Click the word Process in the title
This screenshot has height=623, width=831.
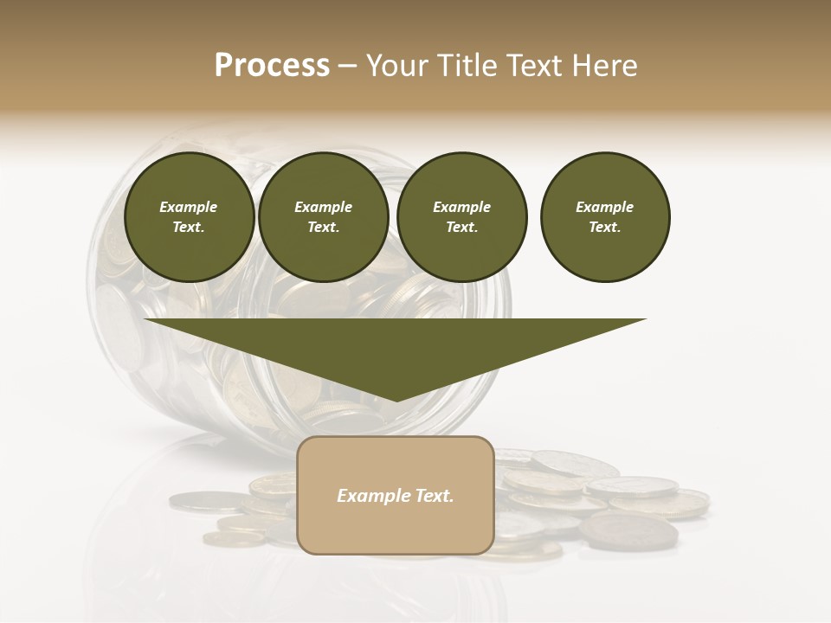pyautogui.click(x=272, y=66)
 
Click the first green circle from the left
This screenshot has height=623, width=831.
pyautogui.click(x=189, y=216)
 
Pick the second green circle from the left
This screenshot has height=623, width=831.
pyautogui.click(x=324, y=216)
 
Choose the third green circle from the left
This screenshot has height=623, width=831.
pyautogui.click(x=462, y=216)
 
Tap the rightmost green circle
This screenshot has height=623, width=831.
pyautogui.click(x=605, y=216)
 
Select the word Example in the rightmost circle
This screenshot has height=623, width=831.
pyautogui.click(x=605, y=207)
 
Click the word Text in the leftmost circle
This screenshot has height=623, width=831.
pyautogui.click(x=187, y=227)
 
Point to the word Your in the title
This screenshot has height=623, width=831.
pyautogui.click(x=395, y=66)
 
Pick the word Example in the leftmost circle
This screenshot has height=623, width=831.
pyautogui.click(x=189, y=207)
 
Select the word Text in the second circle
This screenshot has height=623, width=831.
pyautogui.click(x=322, y=227)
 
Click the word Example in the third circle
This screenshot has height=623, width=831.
pyautogui.click(x=462, y=207)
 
